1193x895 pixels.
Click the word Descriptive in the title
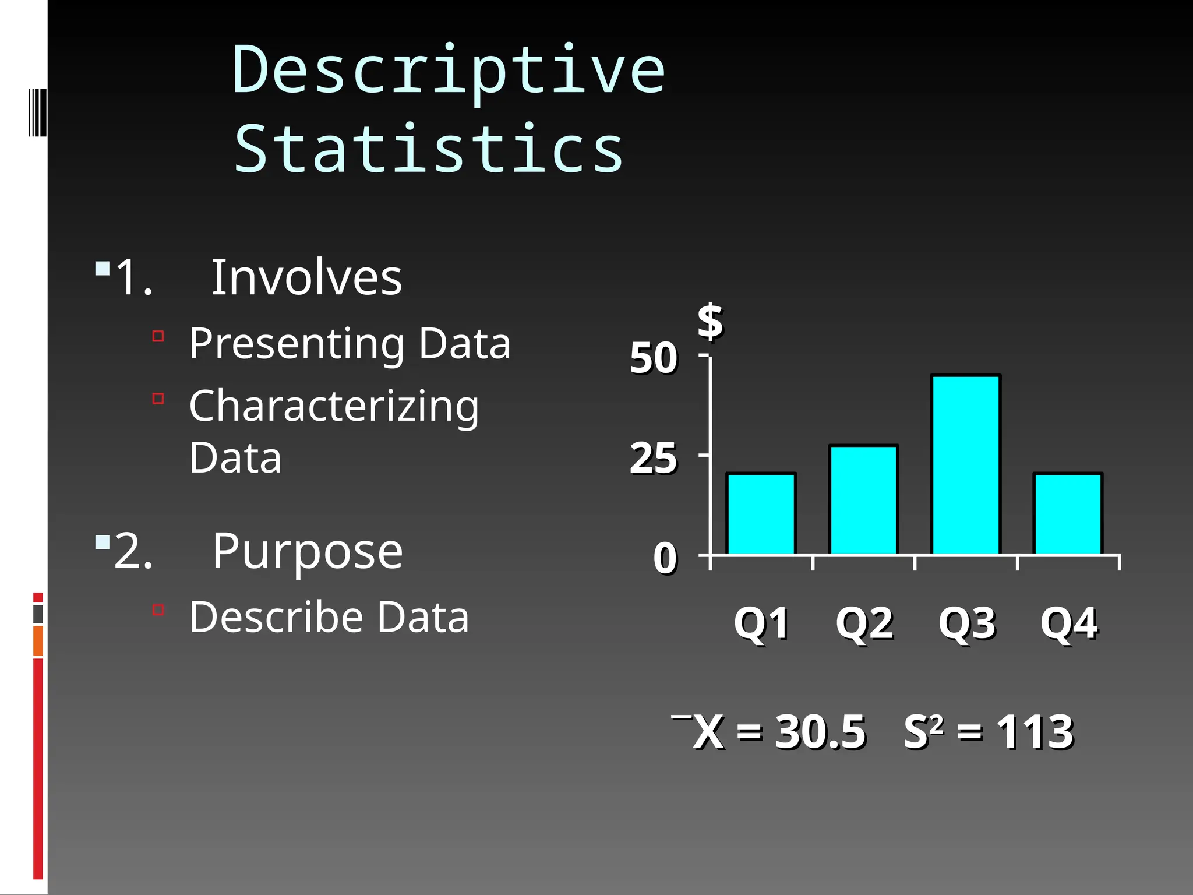click(x=449, y=71)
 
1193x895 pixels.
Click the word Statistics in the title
click(x=429, y=149)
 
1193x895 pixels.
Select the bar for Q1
click(x=761, y=514)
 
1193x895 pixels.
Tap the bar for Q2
click(x=863, y=500)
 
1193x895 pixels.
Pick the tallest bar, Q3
click(x=966, y=465)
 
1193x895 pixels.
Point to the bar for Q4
click(x=1068, y=514)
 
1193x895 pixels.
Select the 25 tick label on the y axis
click(x=653, y=459)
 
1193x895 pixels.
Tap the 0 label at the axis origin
click(x=665, y=558)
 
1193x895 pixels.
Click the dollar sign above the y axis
click(x=710, y=321)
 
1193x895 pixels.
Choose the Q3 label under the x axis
click(x=966, y=623)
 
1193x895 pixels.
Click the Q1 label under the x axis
click(x=761, y=623)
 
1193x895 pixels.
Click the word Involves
click(x=306, y=277)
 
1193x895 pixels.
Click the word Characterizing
click(x=334, y=406)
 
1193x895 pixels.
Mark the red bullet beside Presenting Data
click(x=158, y=336)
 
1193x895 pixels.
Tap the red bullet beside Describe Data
click(x=158, y=610)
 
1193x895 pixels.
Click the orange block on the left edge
click(x=38, y=640)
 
